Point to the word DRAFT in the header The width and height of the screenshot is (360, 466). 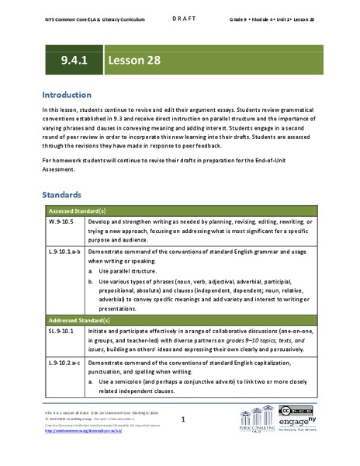(180, 14)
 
